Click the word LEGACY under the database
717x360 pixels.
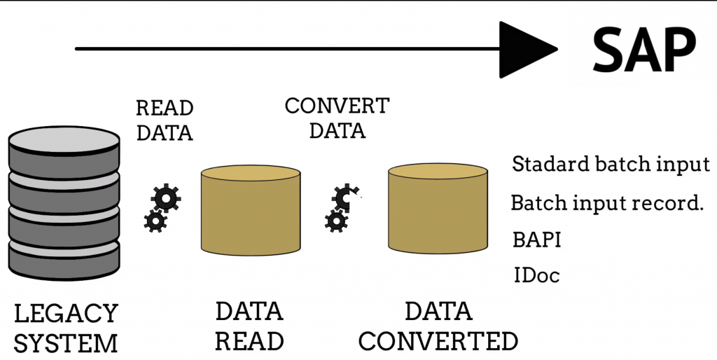point(66,313)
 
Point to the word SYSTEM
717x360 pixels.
point(66,344)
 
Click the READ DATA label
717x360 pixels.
point(165,120)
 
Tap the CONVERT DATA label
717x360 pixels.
point(337,118)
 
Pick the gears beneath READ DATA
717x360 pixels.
point(162,208)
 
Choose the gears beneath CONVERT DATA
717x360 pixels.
point(342,208)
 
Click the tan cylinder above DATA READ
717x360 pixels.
point(250,209)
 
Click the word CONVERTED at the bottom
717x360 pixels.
point(438,341)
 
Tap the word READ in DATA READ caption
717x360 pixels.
point(249,341)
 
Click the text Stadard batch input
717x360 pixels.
point(611,165)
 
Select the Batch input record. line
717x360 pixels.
point(606,203)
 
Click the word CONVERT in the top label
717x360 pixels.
point(337,106)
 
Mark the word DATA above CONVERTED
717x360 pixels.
point(438,311)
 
